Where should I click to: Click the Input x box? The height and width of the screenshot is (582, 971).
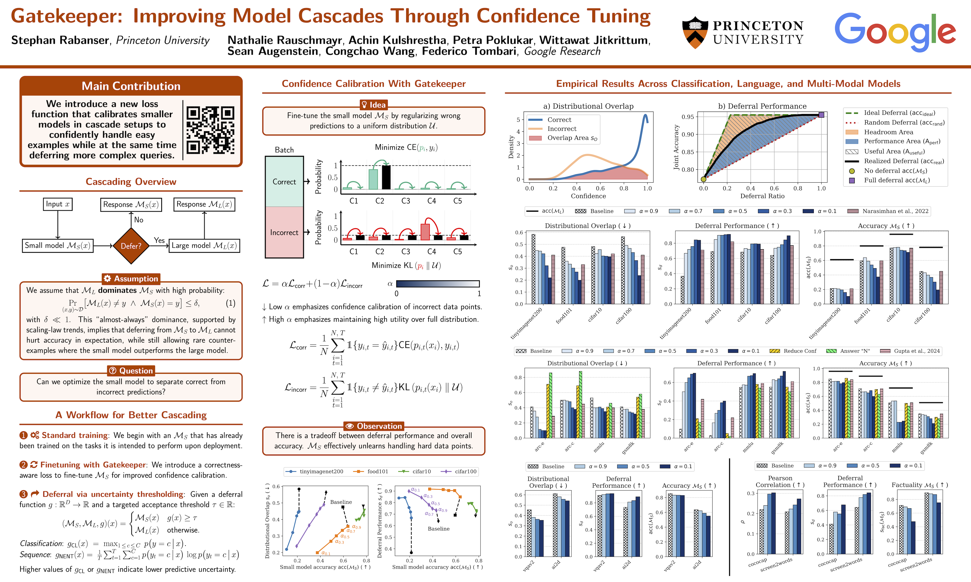pyautogui.click(x=58, y=204)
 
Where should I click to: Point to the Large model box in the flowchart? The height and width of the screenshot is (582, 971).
pyautogui.click(x=204, y=246)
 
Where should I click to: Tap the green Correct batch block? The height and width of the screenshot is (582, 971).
pyautogui.click(x=284, y=182)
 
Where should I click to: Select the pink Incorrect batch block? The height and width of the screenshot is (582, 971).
pyautogui.click(x=284, y=232)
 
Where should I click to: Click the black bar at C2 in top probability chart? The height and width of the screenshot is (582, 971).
pyautogui.click(x=386, y=177)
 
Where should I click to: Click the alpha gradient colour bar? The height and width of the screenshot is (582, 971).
pyautogui.click(x=438, y=284)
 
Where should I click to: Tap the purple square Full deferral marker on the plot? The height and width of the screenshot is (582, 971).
pyautogui.click(x=821, y=115)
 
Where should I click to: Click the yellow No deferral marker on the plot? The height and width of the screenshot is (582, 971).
pyautogui.click(x=703, y=179)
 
